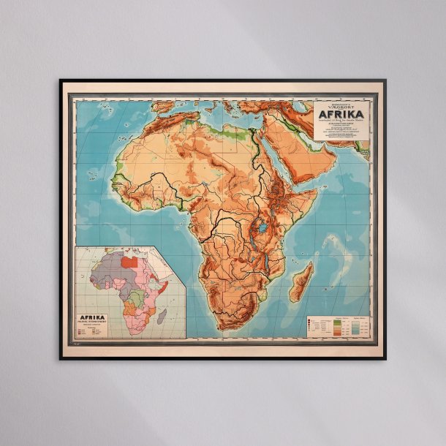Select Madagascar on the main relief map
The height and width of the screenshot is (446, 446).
(x=301, y=282)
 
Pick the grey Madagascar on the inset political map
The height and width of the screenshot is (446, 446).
(x=162, y=316)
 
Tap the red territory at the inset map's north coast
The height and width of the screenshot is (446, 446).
(x=129, y=260)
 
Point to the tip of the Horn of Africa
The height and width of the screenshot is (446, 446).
(x=317, y=192)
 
